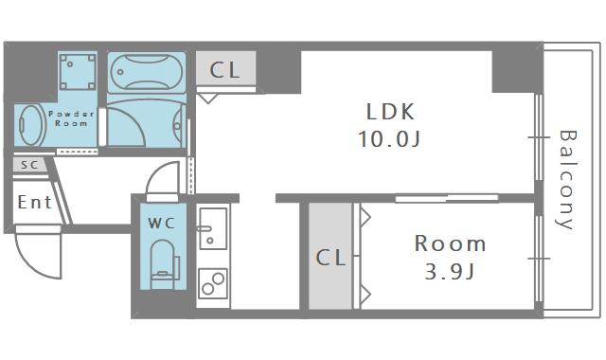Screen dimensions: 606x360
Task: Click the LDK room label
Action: tap(390, 112)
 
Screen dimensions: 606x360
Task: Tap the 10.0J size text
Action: tap(389, 138)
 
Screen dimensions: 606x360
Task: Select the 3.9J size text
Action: tap(450, 272)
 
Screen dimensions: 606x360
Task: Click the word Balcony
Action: tap(566, 180)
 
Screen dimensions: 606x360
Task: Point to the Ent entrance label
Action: tap(34, 202)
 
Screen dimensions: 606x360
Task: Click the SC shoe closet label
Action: tap(29, 165)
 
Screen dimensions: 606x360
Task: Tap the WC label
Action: tap(162, 224)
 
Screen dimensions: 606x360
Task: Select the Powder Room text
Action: tap(71, 118)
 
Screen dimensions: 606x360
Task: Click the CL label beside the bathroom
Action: tap(225, 70)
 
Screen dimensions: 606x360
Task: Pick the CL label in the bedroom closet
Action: tap(330, 258)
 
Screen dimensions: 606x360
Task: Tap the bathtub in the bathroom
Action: tap(147, 72)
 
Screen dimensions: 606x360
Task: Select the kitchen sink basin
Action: tap(213, 228)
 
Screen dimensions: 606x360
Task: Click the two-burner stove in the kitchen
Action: tap(213, 283)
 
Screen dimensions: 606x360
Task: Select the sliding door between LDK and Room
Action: tap(447, 198)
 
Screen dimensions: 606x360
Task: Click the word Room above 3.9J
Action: tap(450, 244)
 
